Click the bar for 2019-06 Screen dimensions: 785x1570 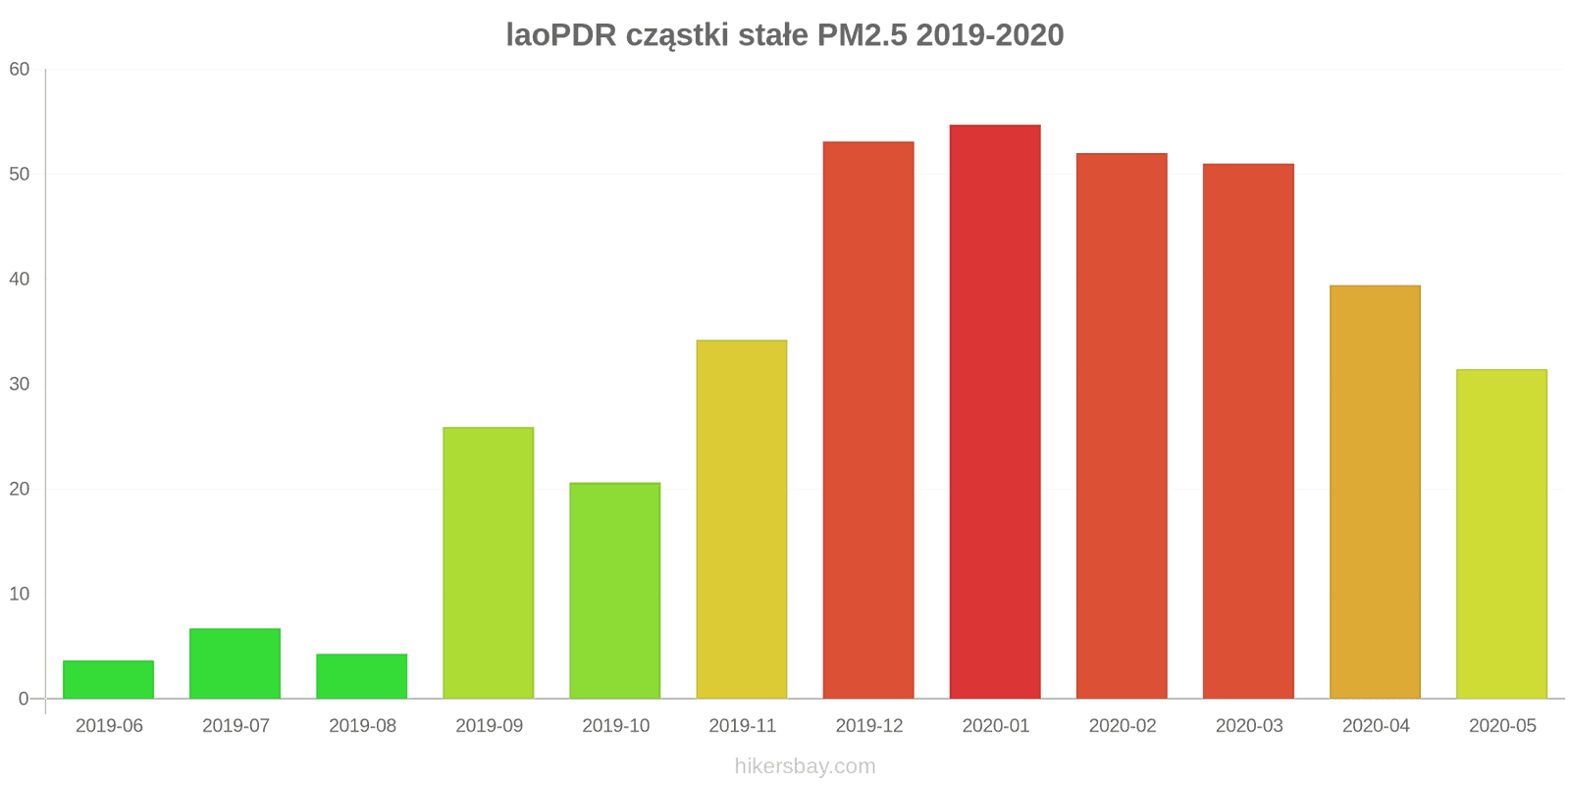pyautogui.click(x=108, y=680)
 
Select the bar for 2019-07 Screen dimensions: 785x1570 pyautogui.click(x=235, y=664)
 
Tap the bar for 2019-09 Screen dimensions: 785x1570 pyautogui.click(x=488, y=563)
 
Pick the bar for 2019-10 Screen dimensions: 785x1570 pyautogui.click(x=614, y=591)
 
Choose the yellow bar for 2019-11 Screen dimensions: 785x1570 pyautogui.click(x=741, y=520)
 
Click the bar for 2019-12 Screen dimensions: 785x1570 pyautogui.click(x=867, y=421)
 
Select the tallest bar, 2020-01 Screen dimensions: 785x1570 pyautogui.click(x=994, y=412)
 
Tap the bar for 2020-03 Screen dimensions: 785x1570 pyautogui.click(x=1248, y=432)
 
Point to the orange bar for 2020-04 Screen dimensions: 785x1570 pyautogui.click(x=1375, y=493)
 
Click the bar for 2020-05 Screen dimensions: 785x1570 pyautogui.click(x=1501, y=535)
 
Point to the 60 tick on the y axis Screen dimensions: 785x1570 pyautogui.click(x=20, y=70)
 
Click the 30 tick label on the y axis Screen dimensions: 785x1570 pyautogui.click(x=20, y=385)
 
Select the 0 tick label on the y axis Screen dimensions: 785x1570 pyautogui.click(x=25, y=700)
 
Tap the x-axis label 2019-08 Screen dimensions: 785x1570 pyautogui.click(x=362, y=726)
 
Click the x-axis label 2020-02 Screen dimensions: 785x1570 pyautogui.click(x=1122, y=726)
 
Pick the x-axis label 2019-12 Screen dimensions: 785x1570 pyautogui.click(x=868, y=726)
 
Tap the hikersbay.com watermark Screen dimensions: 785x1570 pyautogui.click(x=805, y=766)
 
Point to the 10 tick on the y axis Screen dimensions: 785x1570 pyautogui.click(x=20, y=595)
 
